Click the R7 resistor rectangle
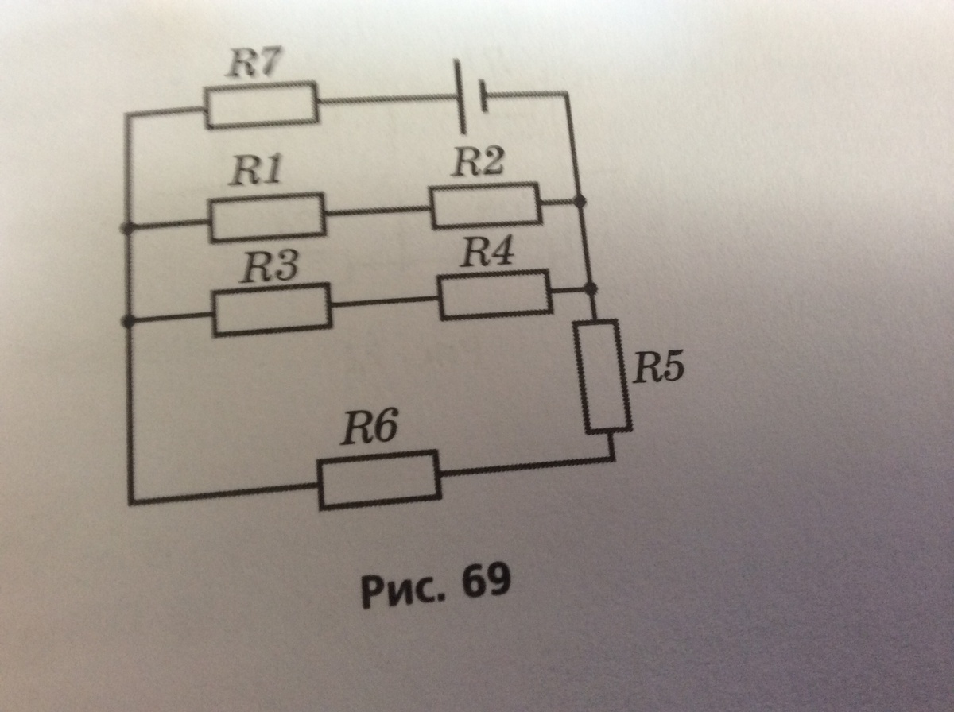click(x=262, y=103)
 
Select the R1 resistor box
click(x=267, y=216)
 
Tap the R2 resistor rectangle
click(x=485, y=205)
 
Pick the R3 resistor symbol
click(x=272, y=311)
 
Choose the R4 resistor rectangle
click(x=494, y=294)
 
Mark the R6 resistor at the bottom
click(x=379, y=479)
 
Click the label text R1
click(x=256, y=171)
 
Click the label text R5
click(x=658, y=368)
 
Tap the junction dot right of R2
click(x=580, y=202)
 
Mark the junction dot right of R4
click(x=590, y=287)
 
